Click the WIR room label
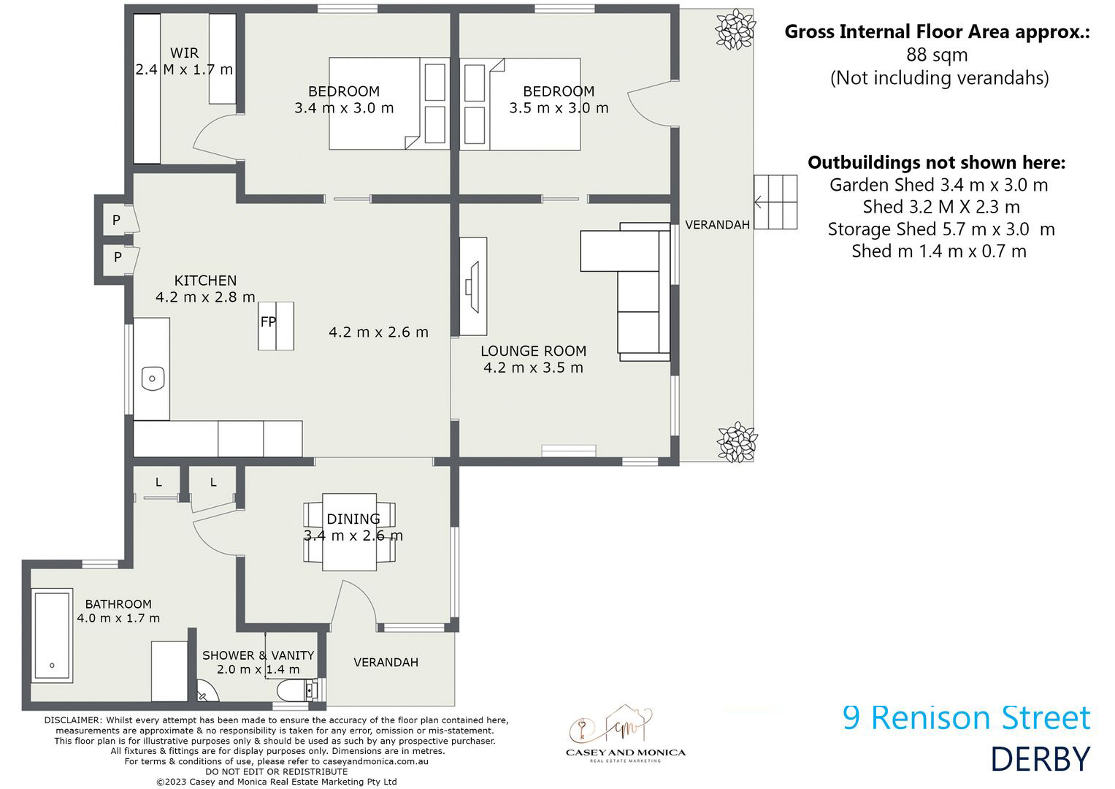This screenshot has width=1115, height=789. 184,53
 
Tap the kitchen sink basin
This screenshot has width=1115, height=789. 153,378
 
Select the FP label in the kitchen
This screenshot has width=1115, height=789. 268,321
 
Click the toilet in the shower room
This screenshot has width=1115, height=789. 297,690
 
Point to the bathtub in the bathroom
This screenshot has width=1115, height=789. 52,635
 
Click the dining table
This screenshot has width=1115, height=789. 350,532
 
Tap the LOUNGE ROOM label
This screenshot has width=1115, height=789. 533,351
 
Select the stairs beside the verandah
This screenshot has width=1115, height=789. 775,202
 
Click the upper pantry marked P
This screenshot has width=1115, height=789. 116,220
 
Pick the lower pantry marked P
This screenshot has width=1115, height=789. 118,257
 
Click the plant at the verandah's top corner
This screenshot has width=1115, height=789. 735,29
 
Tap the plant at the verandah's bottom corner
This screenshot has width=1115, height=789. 737,442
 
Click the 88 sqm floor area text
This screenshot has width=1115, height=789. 937,55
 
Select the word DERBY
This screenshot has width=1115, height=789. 1041,760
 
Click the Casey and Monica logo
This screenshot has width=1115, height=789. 626,733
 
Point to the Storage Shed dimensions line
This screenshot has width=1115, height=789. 940,229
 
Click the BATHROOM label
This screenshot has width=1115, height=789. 118,604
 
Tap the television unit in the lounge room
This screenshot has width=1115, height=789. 473,286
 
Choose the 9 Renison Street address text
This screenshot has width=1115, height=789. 966,717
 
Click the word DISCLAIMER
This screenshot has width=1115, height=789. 72,720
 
